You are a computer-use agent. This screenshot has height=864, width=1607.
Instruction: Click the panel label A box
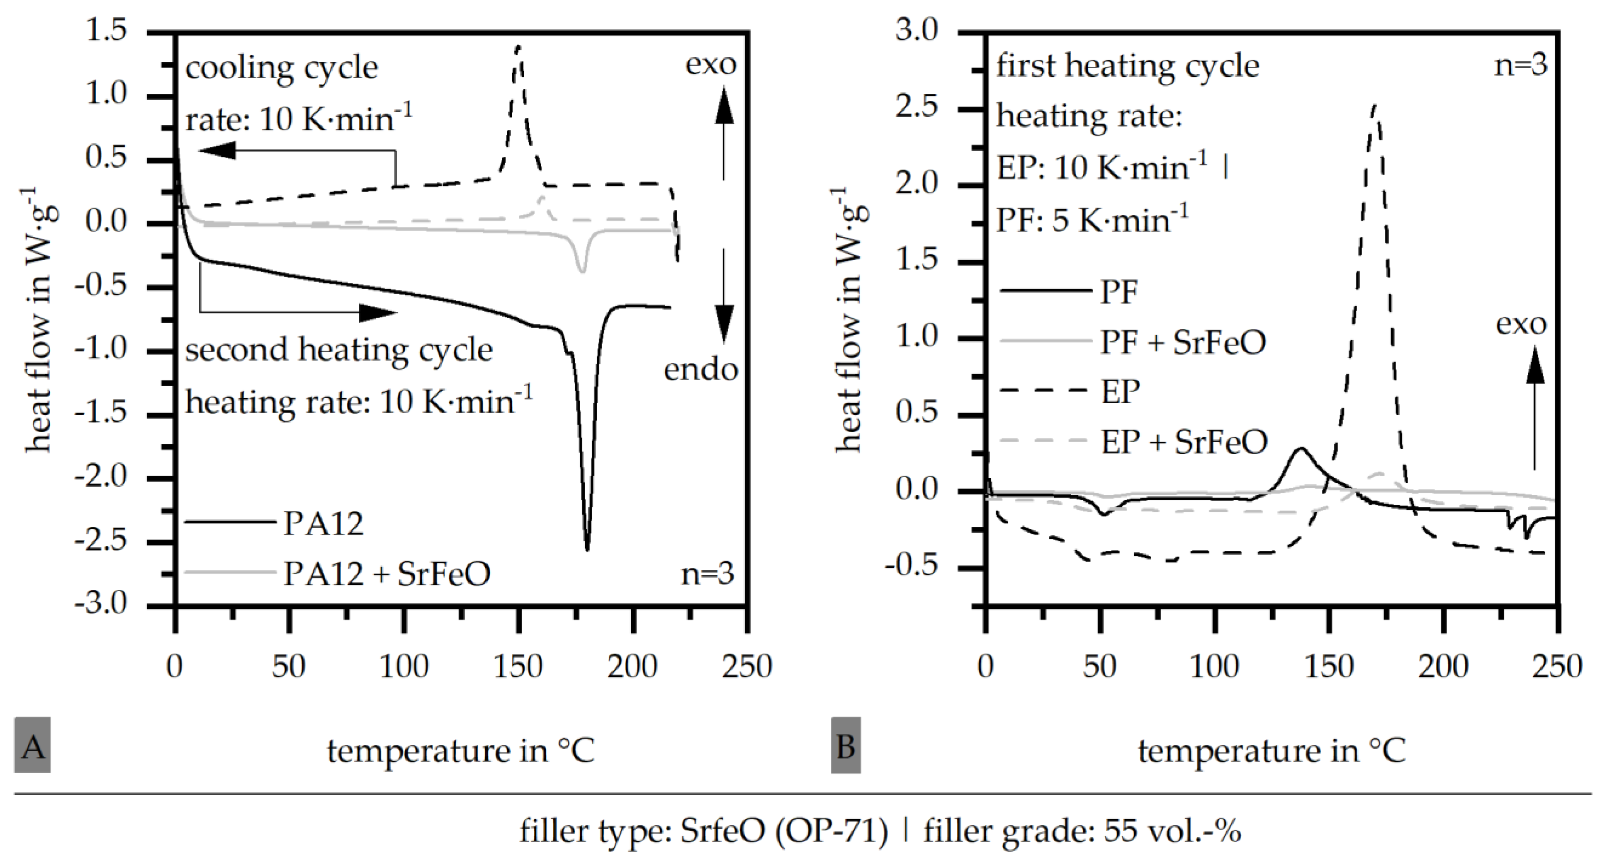pos(32,746)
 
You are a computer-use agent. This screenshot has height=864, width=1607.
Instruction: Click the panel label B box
pos(845,746)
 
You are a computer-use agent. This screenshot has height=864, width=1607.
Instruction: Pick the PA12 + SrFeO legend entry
pos(387,573)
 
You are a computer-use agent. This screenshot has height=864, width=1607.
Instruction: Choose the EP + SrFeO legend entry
pos(1184,441)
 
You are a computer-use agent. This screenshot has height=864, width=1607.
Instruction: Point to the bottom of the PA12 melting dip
pos(586,549)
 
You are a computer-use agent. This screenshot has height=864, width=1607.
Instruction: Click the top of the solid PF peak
pos(1302,448)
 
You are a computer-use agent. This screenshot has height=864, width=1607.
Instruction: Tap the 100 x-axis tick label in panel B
pos(1213,666)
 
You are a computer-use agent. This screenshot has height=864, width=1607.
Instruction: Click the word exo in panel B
pos(1521,324)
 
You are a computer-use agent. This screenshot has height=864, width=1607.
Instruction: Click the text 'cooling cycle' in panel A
pos(281,67)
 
